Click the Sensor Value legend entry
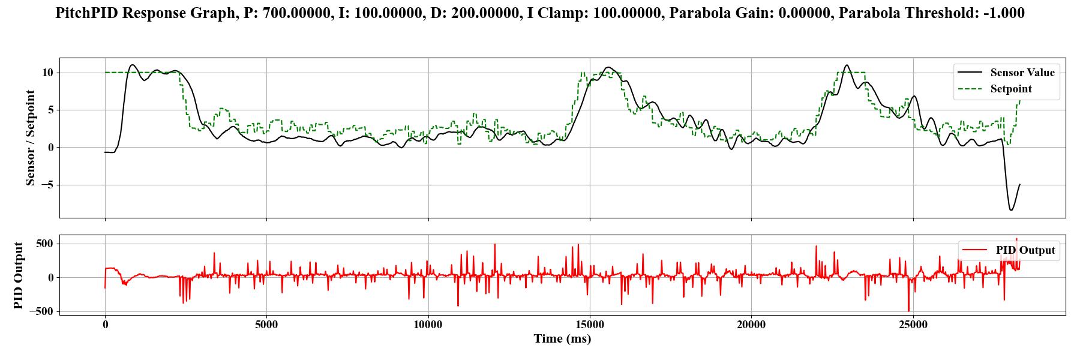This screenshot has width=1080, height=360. coord(1022,73)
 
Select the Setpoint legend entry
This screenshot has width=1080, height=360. coord(1011,89)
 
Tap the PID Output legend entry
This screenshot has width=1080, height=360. coord(1025,250)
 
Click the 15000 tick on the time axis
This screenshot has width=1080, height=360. coord(590,325)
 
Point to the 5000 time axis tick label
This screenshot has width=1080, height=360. coord(266,325)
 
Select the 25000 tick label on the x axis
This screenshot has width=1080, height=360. coord(913,325)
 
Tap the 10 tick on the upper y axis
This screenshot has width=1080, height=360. coord(47,73)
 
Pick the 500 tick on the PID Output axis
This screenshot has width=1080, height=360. coord(44,244)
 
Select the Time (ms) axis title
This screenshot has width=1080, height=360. coord(562,339)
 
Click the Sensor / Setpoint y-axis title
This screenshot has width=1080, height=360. coord(31,138)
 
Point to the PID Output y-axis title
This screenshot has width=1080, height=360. coord(19,275)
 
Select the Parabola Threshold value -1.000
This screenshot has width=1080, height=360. coord(1005,13)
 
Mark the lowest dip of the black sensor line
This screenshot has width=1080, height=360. coord(1011,210)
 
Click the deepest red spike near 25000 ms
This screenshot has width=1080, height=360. coord(908,311)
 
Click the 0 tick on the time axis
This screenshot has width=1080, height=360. coord(105,325)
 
